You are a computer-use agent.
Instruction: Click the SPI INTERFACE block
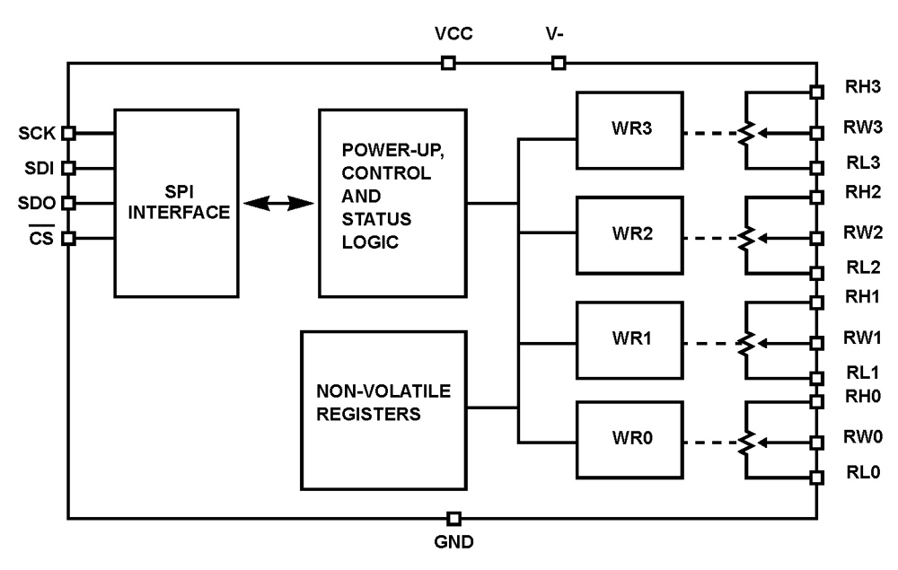176,203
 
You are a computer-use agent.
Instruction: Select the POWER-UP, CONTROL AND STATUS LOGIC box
393,203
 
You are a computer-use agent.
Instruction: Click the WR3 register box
629,127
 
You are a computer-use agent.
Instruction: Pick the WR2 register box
629,233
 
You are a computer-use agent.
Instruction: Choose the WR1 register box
629,339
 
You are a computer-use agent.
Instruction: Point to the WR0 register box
629,439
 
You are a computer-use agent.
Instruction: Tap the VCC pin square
448,63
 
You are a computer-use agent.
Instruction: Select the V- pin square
559,63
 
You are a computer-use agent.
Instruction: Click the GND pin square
454,519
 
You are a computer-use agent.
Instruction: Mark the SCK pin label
38,134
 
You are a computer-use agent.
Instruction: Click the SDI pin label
38,168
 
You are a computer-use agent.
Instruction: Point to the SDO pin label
38,203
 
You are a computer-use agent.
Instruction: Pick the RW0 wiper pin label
858,437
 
